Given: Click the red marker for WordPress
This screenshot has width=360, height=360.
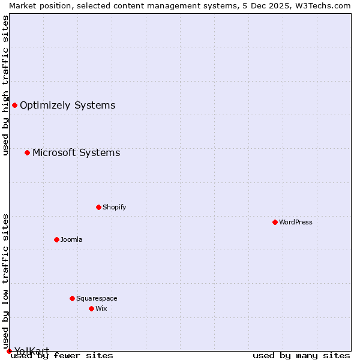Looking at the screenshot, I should (275, 222).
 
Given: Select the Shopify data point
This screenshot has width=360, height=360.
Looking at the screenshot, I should (98, 207).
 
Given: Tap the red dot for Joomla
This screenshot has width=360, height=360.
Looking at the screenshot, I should (56, 239).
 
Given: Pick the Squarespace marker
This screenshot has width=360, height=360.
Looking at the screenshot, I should (72, 298).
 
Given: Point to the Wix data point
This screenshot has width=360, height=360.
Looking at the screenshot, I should (91, 308).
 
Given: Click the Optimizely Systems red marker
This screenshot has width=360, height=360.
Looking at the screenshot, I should (14, 106).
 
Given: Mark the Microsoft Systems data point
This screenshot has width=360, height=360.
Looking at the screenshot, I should (27, 152).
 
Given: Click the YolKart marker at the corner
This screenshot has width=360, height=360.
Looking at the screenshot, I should (9, 351).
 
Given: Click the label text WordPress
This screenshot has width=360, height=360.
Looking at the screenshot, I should (296, 222).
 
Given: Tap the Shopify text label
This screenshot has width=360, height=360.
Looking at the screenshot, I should (114, 207).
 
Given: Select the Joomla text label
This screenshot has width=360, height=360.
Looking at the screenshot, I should (71, 239).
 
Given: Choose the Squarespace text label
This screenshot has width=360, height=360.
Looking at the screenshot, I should (97, 298).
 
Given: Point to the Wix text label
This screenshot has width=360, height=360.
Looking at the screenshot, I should (101, 308).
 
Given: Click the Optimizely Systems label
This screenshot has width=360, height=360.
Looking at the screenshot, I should (67, 106).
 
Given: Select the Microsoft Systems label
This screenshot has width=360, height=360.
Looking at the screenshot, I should (76, 152).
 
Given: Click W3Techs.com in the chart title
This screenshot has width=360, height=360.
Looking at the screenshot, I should (325, 5).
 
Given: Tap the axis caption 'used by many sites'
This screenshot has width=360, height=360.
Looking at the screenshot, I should (301, 355).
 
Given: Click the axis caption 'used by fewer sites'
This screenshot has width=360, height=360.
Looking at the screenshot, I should (62, 355).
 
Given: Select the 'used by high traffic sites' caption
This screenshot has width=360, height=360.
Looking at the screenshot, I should (5, 85).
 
